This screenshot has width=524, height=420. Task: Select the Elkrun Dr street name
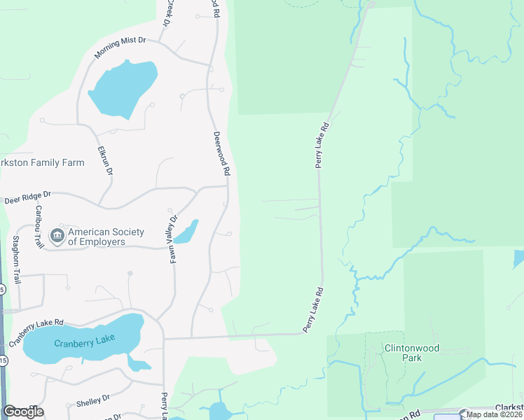pyautogui.click(x=106, y=159)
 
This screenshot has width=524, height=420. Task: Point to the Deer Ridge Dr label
pyautogui.click(x=28, y=199)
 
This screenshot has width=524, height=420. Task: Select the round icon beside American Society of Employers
pyautogui.click(x=57, y=237)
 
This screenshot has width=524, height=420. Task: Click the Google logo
pyautogui.click(x=23, y=412)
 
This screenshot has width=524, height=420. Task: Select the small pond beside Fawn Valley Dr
pyautogui.click(x=186, y=232)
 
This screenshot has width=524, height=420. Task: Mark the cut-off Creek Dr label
pyautogui.click(x=167, y=13)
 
